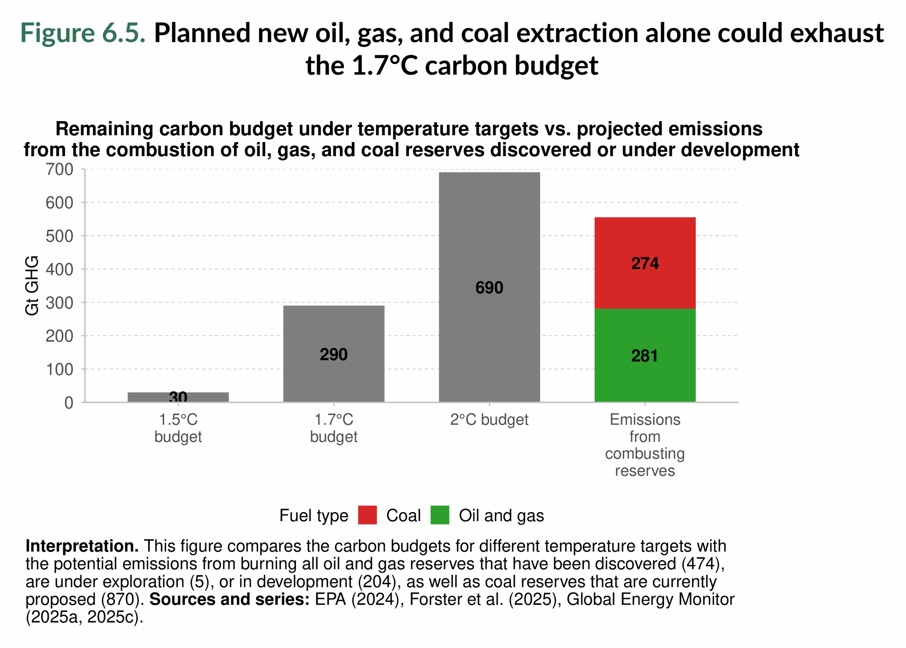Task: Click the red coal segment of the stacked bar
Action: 644,240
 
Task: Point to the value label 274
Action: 644,263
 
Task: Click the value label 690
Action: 489,288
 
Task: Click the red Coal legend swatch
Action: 367,515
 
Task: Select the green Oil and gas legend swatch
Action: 440,515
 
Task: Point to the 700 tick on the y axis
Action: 59,170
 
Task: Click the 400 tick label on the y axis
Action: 59,270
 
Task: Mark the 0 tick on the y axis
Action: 69,403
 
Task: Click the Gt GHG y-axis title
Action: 32,286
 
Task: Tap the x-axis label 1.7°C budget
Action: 334,428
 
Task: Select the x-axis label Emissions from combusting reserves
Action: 644,445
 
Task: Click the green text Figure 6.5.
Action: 83,33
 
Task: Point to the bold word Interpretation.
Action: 82,546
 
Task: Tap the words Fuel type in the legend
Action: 313,515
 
